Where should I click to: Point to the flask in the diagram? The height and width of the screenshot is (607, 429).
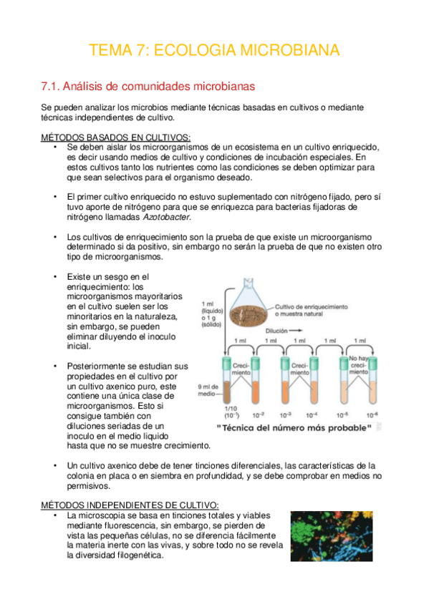coord(249,301)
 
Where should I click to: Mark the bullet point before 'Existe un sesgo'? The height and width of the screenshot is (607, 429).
coord(55,276)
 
